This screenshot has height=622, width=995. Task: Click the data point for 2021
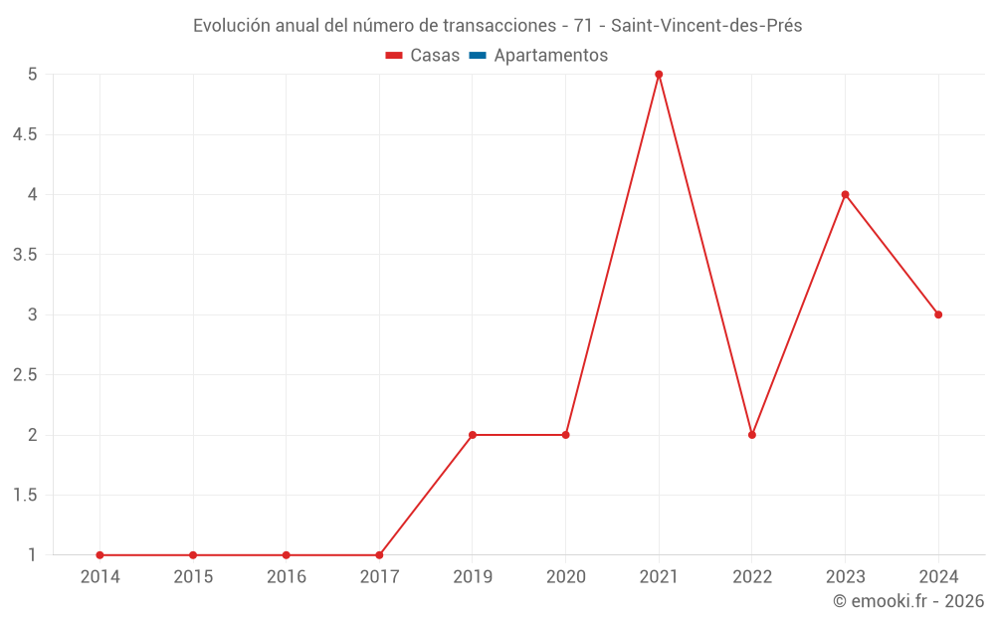(659, 75)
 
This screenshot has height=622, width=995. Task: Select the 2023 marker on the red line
(845, 194)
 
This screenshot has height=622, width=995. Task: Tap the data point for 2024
(938, 314)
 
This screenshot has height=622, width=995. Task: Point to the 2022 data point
(752, 435)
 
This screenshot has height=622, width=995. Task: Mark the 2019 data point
(473, 435)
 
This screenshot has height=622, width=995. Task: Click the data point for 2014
(99, 555)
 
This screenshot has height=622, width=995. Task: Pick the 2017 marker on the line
(379, 555)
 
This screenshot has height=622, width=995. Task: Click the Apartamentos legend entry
(550, 56)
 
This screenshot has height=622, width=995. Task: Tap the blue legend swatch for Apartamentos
(477, 56)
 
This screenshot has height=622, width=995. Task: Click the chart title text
(497, 26)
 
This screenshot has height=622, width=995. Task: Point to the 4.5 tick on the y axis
(25, 134)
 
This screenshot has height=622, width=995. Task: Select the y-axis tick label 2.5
(25, 375)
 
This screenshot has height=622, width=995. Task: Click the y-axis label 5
(32, 75)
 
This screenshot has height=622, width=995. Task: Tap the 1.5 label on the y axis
(25, 496)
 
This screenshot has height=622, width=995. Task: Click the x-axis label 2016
(286, 577)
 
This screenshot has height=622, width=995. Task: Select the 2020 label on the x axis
(565, 577)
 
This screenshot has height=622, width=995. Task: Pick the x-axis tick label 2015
(193, 577)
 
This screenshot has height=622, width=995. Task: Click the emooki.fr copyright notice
(907, 601)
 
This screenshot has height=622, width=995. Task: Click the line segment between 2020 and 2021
(612, 255)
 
